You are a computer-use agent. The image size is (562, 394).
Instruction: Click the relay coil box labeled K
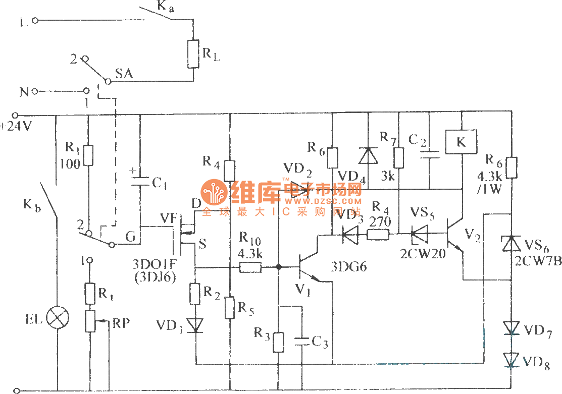pos(461,142)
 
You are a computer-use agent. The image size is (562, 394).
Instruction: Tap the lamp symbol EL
pos(58,318)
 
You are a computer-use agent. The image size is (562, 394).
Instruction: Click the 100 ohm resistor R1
pos(88,155)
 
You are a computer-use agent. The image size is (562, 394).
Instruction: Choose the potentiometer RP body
pos(89,321)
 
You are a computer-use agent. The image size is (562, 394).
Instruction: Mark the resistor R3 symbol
pos(278,342)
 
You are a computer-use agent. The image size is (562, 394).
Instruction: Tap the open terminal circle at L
pos(35,21)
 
